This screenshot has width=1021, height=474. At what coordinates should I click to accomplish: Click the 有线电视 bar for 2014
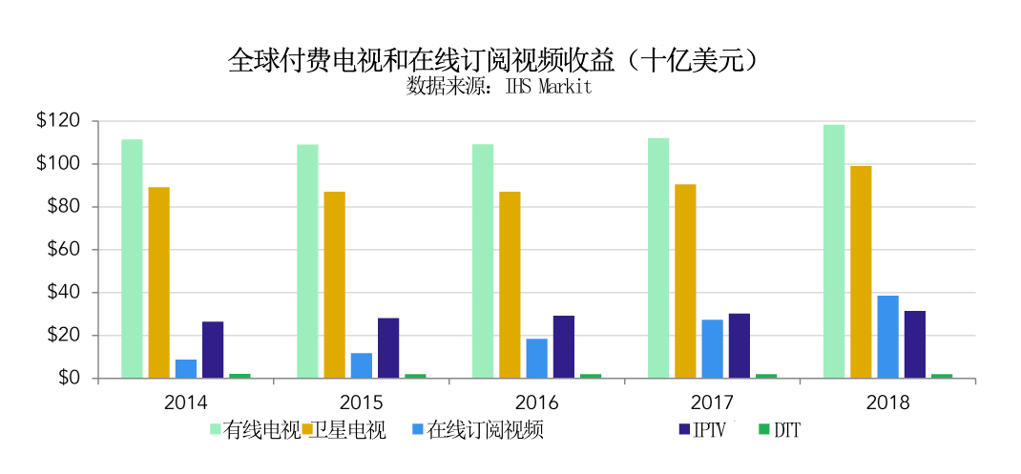click(x=132, y=258)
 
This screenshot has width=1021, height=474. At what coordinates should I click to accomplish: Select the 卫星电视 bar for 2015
click(x=334, y=285)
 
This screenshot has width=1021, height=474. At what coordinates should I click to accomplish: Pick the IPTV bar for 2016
click(x=563, y=347)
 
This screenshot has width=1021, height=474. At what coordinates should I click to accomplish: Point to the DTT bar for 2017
click(x=765, y=376)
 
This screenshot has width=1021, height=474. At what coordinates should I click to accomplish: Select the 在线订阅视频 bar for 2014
click(x=185, y=369)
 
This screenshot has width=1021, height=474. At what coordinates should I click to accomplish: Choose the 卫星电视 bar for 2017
click(x=685, y=281)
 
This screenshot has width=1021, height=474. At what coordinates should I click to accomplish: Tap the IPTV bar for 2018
click(x=914, y=344)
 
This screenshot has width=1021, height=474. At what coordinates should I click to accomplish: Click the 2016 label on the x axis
click(x=536, y=402)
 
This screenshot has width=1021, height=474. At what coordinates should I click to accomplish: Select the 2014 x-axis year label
click(x=185, y=402)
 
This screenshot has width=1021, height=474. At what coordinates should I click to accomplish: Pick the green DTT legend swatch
click(x=763, y=430)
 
